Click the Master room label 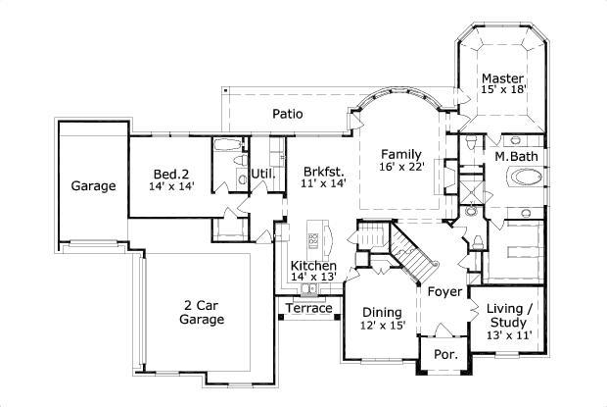502,77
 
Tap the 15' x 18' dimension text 503,90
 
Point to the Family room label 401,154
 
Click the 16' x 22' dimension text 401,168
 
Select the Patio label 287,114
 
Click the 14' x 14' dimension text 171,185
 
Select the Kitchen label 313,266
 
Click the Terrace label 308,308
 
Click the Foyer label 444,291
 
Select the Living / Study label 508,315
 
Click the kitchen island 314,238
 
